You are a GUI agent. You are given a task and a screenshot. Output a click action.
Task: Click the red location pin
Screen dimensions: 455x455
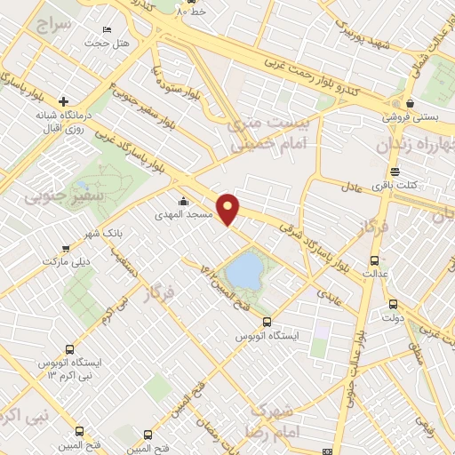[x=229, y=209]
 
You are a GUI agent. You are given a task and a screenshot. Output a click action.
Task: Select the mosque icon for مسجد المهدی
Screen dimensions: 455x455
[x=183, y=201]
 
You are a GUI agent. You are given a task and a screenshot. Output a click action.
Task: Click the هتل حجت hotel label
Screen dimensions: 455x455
[x=108, y=43]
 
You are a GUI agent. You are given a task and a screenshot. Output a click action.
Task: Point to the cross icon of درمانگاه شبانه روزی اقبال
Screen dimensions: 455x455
[x=63, y=100]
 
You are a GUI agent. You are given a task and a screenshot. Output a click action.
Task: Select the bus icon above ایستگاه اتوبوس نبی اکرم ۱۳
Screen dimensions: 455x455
[x=70, y=349]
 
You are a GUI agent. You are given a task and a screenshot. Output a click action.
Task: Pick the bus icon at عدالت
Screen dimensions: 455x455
[x=374, y=261]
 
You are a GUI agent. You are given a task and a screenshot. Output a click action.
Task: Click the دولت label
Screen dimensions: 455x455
[x=392, y=317]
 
